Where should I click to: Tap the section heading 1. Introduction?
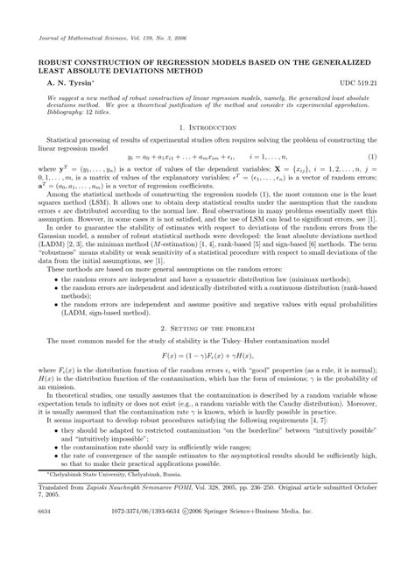pyautogui.click(x=207, y=127)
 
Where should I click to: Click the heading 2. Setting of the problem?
pyautogui.click(x=207, y=325)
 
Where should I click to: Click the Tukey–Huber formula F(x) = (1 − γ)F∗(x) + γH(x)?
pyautogui.click(x=207, y=357)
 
